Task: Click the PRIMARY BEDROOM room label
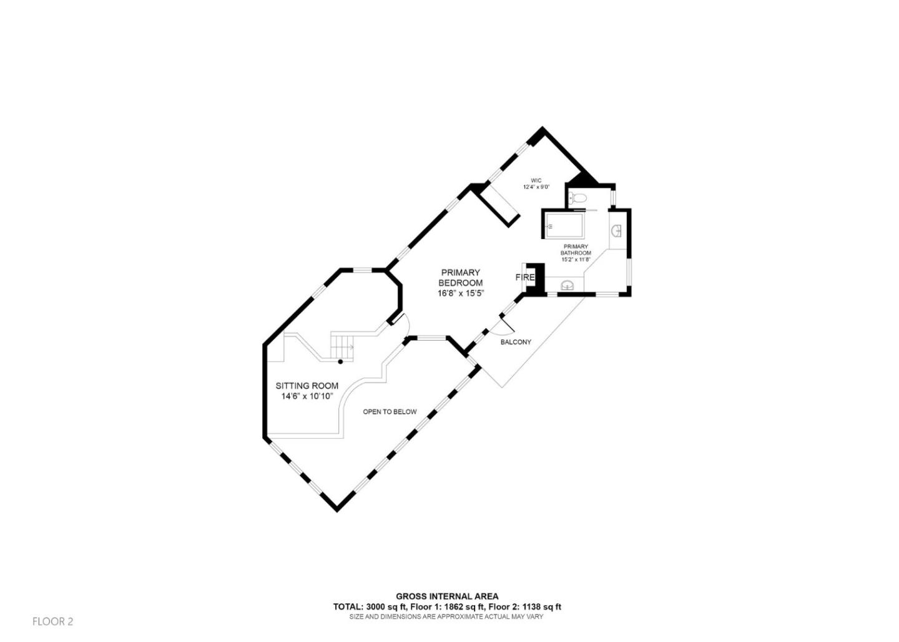(x=461, y=278)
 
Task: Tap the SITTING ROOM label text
(x=307, y=386)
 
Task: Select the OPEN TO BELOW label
(x=390, y=412)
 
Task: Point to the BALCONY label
(x=516, y=342)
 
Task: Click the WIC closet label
(x=536, y=180)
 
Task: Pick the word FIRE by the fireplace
(x=524, y=277)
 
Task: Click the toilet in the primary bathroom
(x=579, y=198)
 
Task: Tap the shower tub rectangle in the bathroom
(x=564, y=226)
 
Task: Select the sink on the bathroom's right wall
(x=617, y=231)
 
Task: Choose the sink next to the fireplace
(x=567, y=286)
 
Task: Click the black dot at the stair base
(x=340, y=361)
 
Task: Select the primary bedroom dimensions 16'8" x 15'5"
(x=461, y=293)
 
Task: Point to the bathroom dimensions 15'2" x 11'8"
(x=576, y=260)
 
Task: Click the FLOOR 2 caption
(x=52, y=621)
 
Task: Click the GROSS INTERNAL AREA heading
(x=447, y=596)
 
